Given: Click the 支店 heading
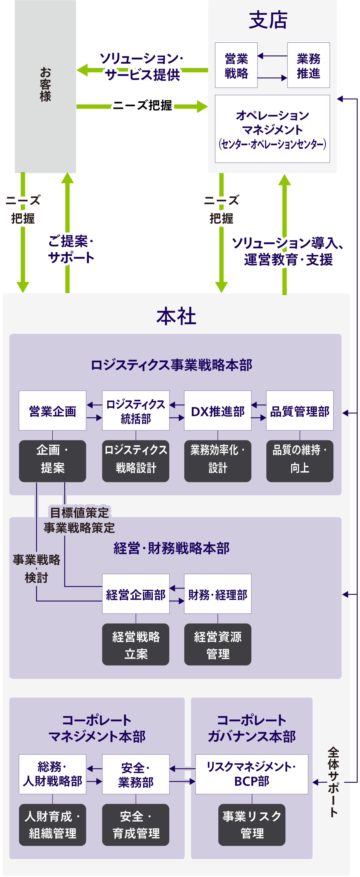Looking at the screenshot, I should click(268, 20).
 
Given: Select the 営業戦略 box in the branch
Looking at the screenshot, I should click(236, 65).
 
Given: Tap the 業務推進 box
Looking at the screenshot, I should click(308, 65).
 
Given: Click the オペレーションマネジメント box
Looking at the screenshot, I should click(272, 129).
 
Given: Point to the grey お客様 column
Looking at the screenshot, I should click(45, 85).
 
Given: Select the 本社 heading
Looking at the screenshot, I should click(176, 316).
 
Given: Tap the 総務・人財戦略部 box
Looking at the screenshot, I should click(52, 774).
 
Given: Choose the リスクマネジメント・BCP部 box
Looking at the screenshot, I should click(252, 774).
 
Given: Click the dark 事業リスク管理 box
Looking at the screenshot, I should click(252, 825).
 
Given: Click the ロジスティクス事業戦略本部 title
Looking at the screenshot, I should click(171, 365).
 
